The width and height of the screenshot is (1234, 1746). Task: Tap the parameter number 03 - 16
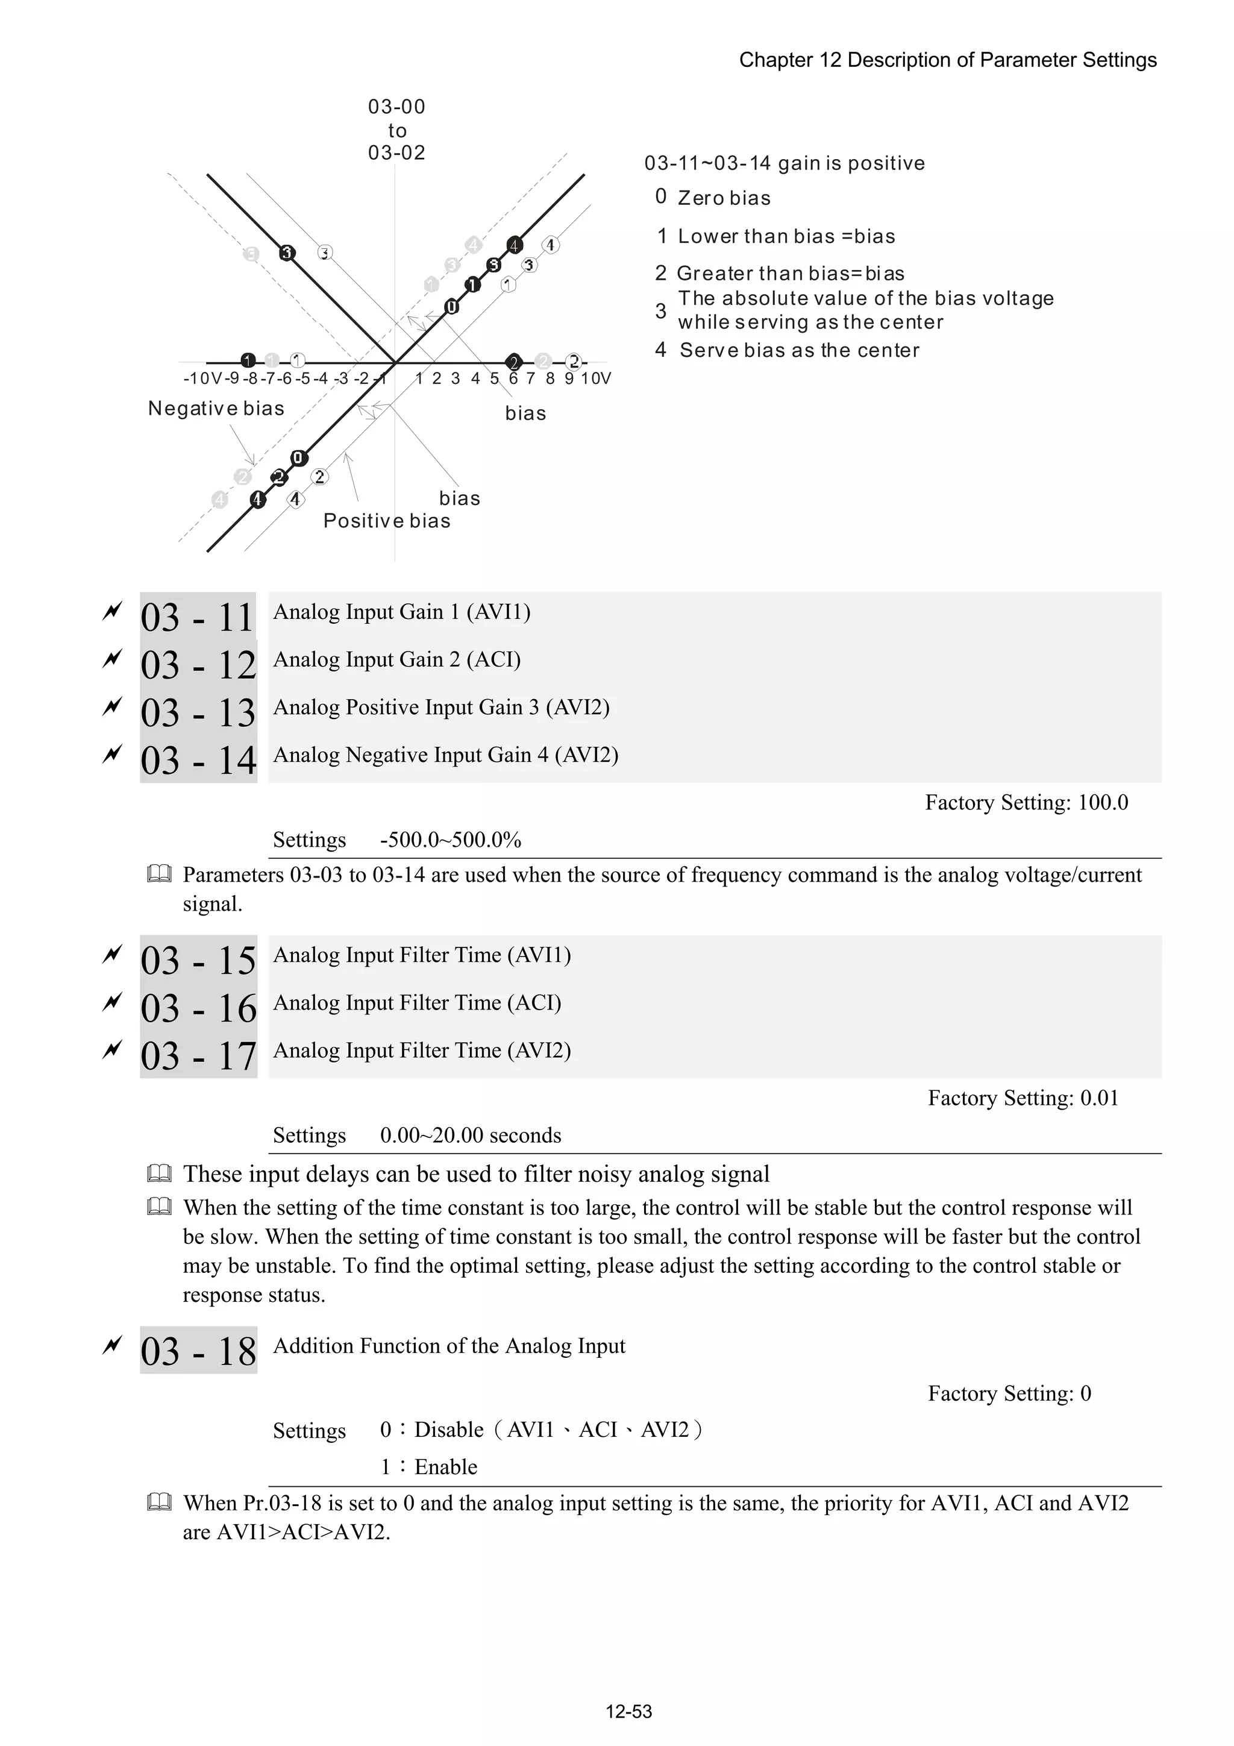(198, 1008)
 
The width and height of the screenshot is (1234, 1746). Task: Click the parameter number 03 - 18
(198, 1351)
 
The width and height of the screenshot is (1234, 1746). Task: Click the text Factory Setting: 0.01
(1023, 1098)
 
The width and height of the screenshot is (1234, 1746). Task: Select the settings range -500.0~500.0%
(450, 840)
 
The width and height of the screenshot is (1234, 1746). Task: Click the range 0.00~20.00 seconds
(470, 1135)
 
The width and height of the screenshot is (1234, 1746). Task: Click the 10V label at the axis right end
(595, 378)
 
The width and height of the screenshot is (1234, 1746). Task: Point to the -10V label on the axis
(201, 378)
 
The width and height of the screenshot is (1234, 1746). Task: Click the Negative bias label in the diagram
(216, 409)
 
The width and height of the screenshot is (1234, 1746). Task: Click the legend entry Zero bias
(723, 198)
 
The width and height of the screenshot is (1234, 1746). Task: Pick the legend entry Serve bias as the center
(798, 351)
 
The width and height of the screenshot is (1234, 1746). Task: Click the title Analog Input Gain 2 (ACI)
(397, 659)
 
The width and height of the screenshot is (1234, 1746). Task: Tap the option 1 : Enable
(429, 1466)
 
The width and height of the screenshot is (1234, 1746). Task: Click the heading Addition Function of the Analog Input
(448, 1346)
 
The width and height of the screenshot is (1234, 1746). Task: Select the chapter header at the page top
(947, 60)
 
